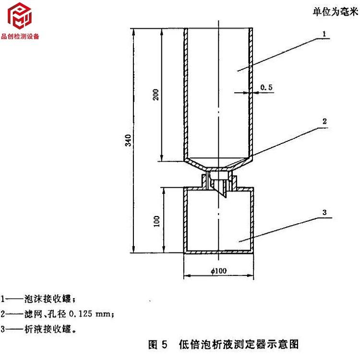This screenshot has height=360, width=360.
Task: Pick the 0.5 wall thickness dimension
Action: pyautogui.click(x=266, y=87)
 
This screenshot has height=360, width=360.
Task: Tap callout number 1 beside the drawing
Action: pyautogui.click(x=324, y=34)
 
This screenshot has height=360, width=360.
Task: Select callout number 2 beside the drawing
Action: pyautogui.click(x=324, y=121)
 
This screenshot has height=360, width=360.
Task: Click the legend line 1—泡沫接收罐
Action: pyautogui.click(x=36, y=299)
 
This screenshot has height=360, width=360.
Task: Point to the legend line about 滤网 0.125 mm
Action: pyautogui.click(x=58, y=314)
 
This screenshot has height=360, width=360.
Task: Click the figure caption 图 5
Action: pyautogui.click(x=157, y=344)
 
